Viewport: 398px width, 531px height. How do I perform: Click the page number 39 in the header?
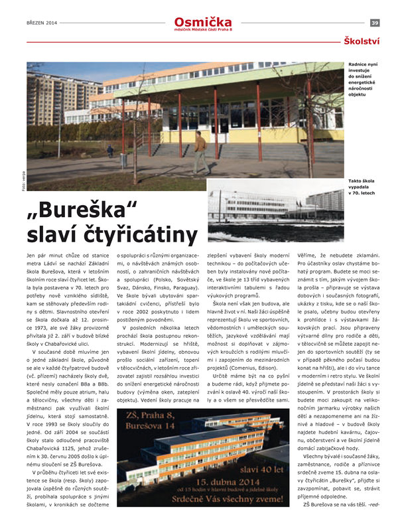(375, 23)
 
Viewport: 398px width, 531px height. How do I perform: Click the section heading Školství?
(362, 42)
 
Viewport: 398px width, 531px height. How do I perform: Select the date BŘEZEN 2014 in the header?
(41, 23)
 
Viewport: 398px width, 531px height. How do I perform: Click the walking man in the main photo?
(199, 151)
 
